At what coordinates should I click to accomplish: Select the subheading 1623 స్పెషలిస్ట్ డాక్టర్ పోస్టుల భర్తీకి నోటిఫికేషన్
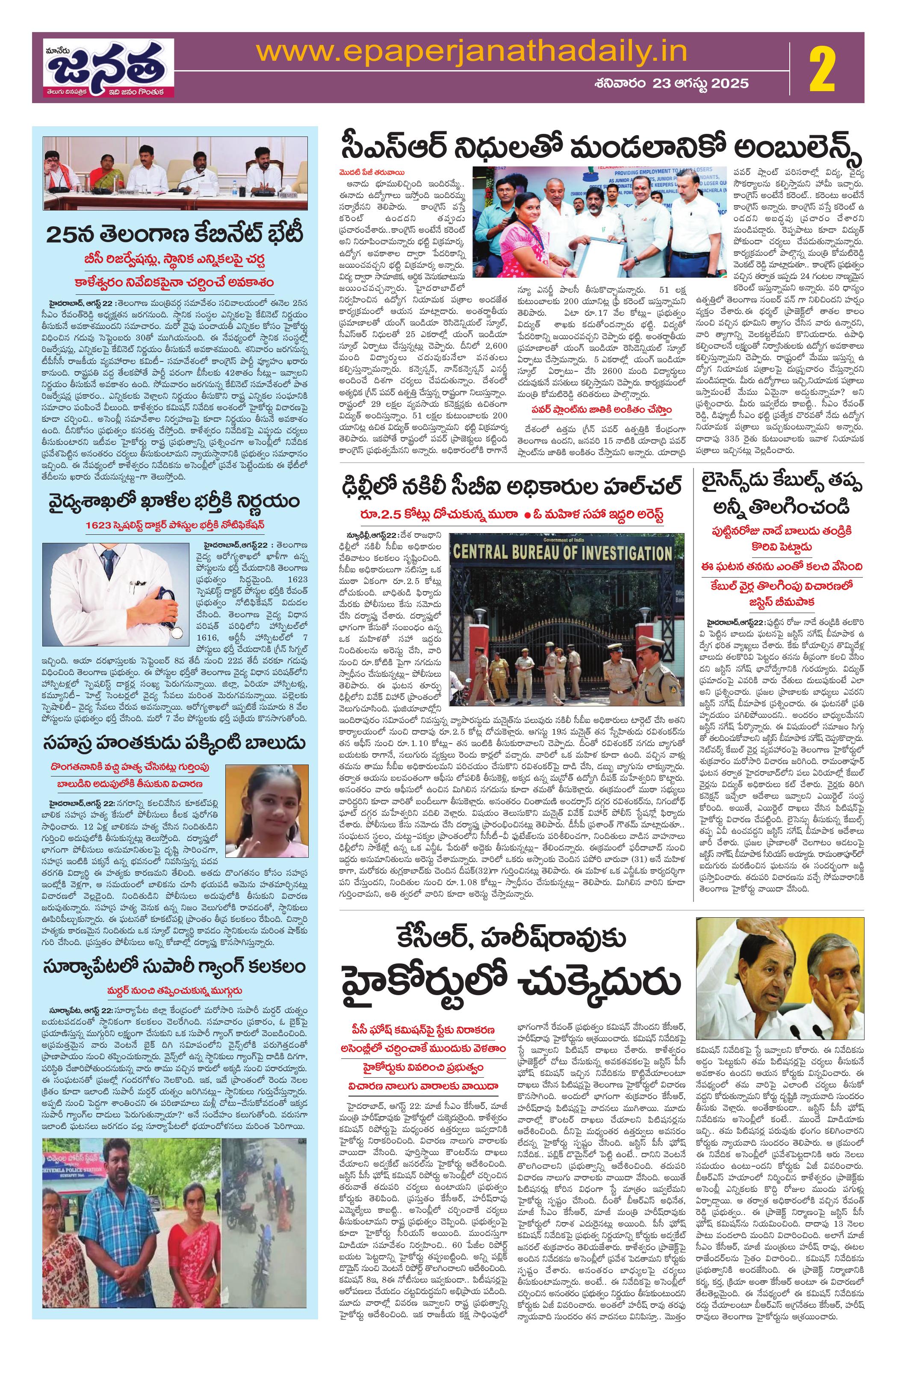coord(176,524)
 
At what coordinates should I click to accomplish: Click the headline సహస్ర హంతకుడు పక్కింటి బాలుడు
coord(176,744)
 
